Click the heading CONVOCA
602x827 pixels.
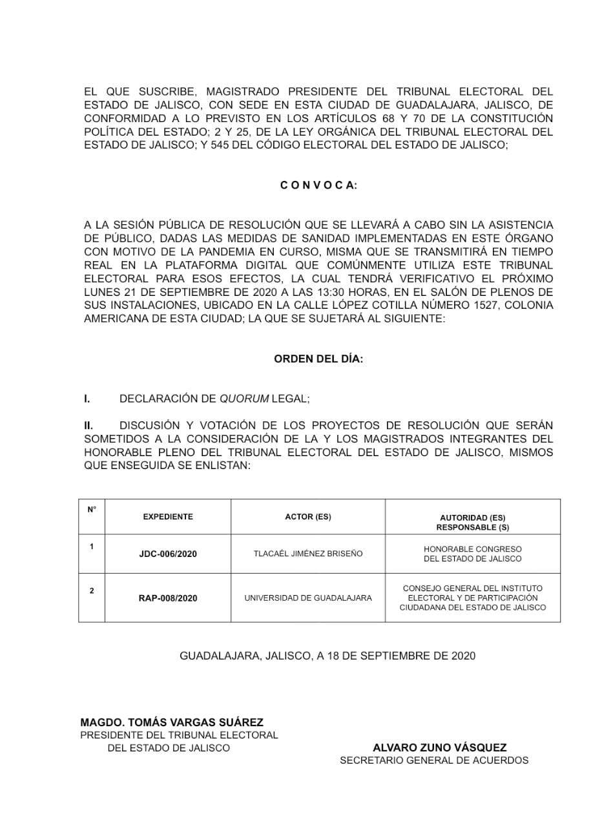coord(318,185)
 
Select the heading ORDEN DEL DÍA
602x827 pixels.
coord(318,359)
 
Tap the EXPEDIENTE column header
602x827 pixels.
coord(168,517)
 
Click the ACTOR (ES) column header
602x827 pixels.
coord(308,517)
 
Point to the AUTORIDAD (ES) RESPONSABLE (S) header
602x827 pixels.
coord(473,522)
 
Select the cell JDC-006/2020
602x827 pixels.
coord(168,554)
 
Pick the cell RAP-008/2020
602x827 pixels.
coord(168,598)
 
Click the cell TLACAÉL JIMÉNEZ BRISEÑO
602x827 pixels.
coord(308,554)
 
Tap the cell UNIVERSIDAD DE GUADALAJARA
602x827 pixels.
coord(308,598)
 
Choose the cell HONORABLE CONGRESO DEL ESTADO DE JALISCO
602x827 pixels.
coord(473,554)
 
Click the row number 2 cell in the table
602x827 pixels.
coord(92,591)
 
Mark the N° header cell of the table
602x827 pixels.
coord(92,509)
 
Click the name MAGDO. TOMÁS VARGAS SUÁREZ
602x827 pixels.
coord(172,722)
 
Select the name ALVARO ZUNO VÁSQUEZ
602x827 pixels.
coord(439,748)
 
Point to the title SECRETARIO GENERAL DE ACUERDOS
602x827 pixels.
coord(434,760)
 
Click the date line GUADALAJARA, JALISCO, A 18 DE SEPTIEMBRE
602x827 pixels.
coord(327,656)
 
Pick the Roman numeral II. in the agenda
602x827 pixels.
coord(88,426)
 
